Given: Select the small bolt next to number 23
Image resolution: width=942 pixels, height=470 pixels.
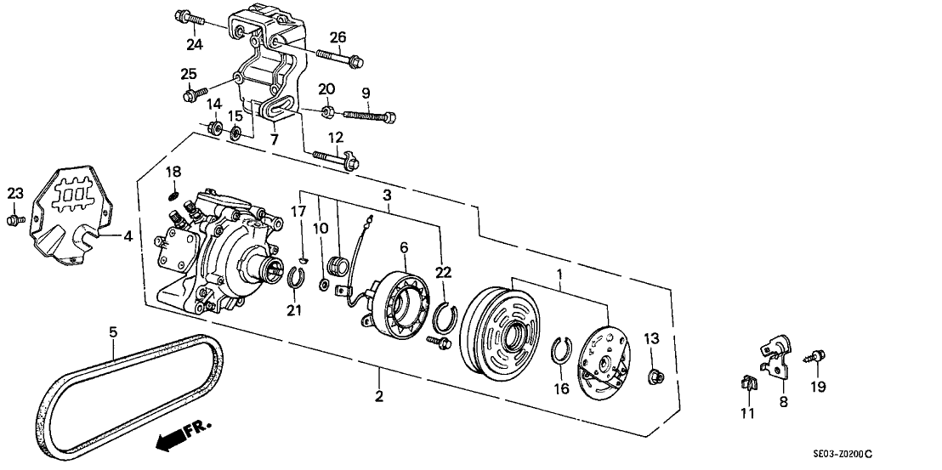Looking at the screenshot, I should click(x=14, y=220).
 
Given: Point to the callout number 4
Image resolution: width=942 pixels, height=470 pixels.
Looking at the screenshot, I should click(x=127, y=237).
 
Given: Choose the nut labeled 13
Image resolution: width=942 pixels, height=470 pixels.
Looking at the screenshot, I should click(x=655, y=376).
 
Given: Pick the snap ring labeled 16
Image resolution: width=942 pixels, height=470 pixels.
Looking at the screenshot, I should click(x=562, y=350).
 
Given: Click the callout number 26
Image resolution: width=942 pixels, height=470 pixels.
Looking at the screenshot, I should click(x=338, y=37).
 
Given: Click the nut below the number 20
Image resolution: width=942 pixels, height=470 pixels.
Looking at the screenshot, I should click(x=327, y=111).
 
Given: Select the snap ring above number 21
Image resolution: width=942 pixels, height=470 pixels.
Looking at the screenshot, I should click(x=293, y=276).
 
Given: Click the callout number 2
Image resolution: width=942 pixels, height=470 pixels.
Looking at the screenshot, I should click(x=379, y=396).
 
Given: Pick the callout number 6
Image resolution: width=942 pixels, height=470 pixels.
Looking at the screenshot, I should click(x=405, y=246).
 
